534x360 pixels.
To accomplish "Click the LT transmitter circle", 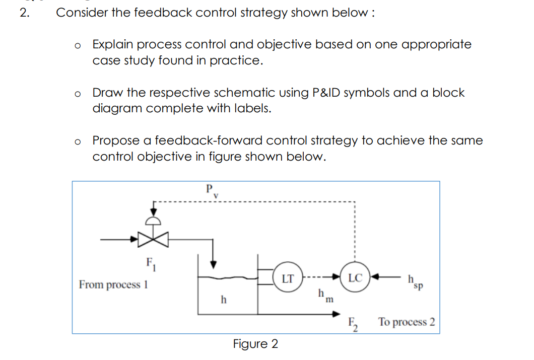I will (288, 277).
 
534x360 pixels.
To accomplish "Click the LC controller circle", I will (355, 277).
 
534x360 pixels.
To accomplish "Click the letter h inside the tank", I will (224, 300).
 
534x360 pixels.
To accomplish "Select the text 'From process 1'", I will (113, 284).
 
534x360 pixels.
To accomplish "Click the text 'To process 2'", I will (407, 322).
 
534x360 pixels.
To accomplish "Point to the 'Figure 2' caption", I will (255, 344).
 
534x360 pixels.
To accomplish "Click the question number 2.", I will (24, 13).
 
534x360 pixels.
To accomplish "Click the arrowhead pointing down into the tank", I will (214, 263).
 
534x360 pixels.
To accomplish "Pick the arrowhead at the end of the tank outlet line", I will (335, 314).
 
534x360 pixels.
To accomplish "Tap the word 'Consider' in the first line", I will (81, 13).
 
